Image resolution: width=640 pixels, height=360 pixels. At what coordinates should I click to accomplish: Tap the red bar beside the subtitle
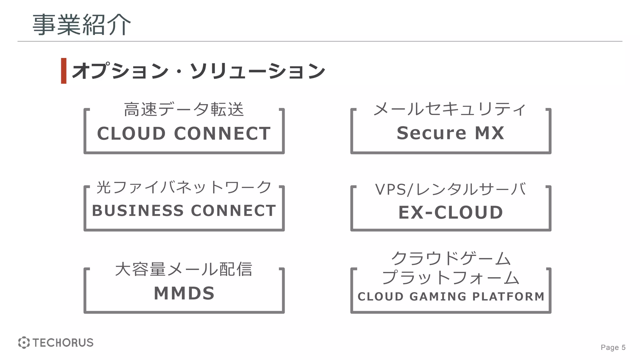[64, 71]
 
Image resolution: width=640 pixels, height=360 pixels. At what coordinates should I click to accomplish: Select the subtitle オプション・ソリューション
[198, 71]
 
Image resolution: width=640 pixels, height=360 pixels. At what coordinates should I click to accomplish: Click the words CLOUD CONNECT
[184, 133]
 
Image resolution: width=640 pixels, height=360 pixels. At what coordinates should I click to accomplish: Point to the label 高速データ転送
[184, 110]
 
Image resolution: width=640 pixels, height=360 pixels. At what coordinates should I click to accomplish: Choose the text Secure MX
[450, 133]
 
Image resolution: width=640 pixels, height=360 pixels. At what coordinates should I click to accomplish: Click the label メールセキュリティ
[450, 109]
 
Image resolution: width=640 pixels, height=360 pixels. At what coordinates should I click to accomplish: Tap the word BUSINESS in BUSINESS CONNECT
[137, 211]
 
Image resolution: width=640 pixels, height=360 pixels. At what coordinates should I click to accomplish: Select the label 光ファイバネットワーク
[184, 187]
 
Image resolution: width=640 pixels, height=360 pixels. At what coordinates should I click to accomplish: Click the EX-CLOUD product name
[450, 212]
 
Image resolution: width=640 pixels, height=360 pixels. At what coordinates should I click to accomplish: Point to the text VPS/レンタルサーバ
[450, 189]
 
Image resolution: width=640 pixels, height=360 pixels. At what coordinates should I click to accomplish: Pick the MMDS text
[184, 293]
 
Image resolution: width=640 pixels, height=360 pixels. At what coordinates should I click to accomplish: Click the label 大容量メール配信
[184, 269]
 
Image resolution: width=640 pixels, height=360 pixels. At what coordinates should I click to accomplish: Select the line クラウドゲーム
[450, 258]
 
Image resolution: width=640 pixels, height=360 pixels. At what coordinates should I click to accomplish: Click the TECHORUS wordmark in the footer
[63, 343]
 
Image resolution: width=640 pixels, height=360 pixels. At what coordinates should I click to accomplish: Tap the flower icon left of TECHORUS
[24, 342]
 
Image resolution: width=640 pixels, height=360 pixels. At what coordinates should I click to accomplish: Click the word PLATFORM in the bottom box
[508, 297]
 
